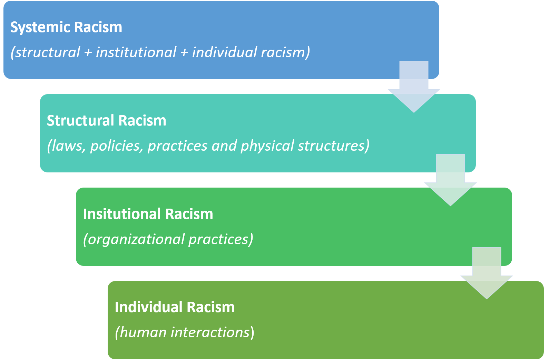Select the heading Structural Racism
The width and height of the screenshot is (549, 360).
(106, 120)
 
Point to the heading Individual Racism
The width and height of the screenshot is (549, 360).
(175, 307)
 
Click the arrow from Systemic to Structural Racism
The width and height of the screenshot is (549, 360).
(414, 87)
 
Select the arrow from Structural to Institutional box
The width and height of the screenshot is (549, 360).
(450, 180)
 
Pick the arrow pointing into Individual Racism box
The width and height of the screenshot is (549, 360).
(487, 273)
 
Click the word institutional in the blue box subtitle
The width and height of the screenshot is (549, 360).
(136, 52)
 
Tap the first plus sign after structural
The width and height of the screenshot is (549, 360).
(88, 53)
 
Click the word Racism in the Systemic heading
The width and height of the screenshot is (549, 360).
(98, 28)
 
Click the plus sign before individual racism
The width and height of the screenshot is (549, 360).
(184, 53)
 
